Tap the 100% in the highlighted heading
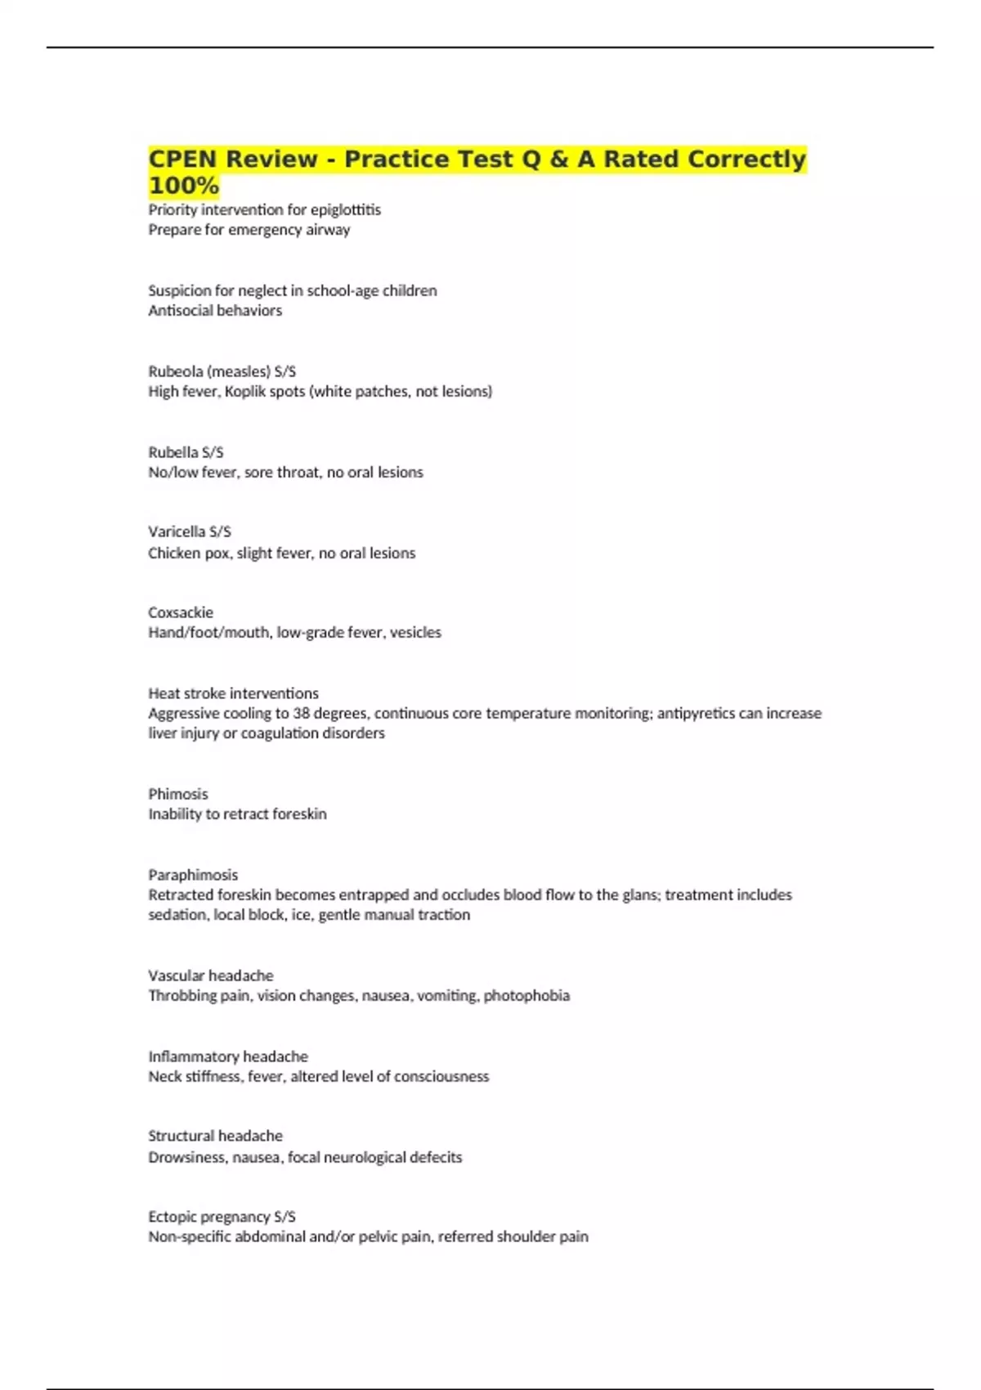click(183, 186)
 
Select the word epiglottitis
click(345, 210)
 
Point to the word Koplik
click(244, 392)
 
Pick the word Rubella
click(172, 452)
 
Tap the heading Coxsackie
click(181, 612)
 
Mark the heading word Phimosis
click(178, 794)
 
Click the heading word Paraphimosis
click(193, 875)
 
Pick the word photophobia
click(526, 996)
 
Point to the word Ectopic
click(171, 1217)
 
